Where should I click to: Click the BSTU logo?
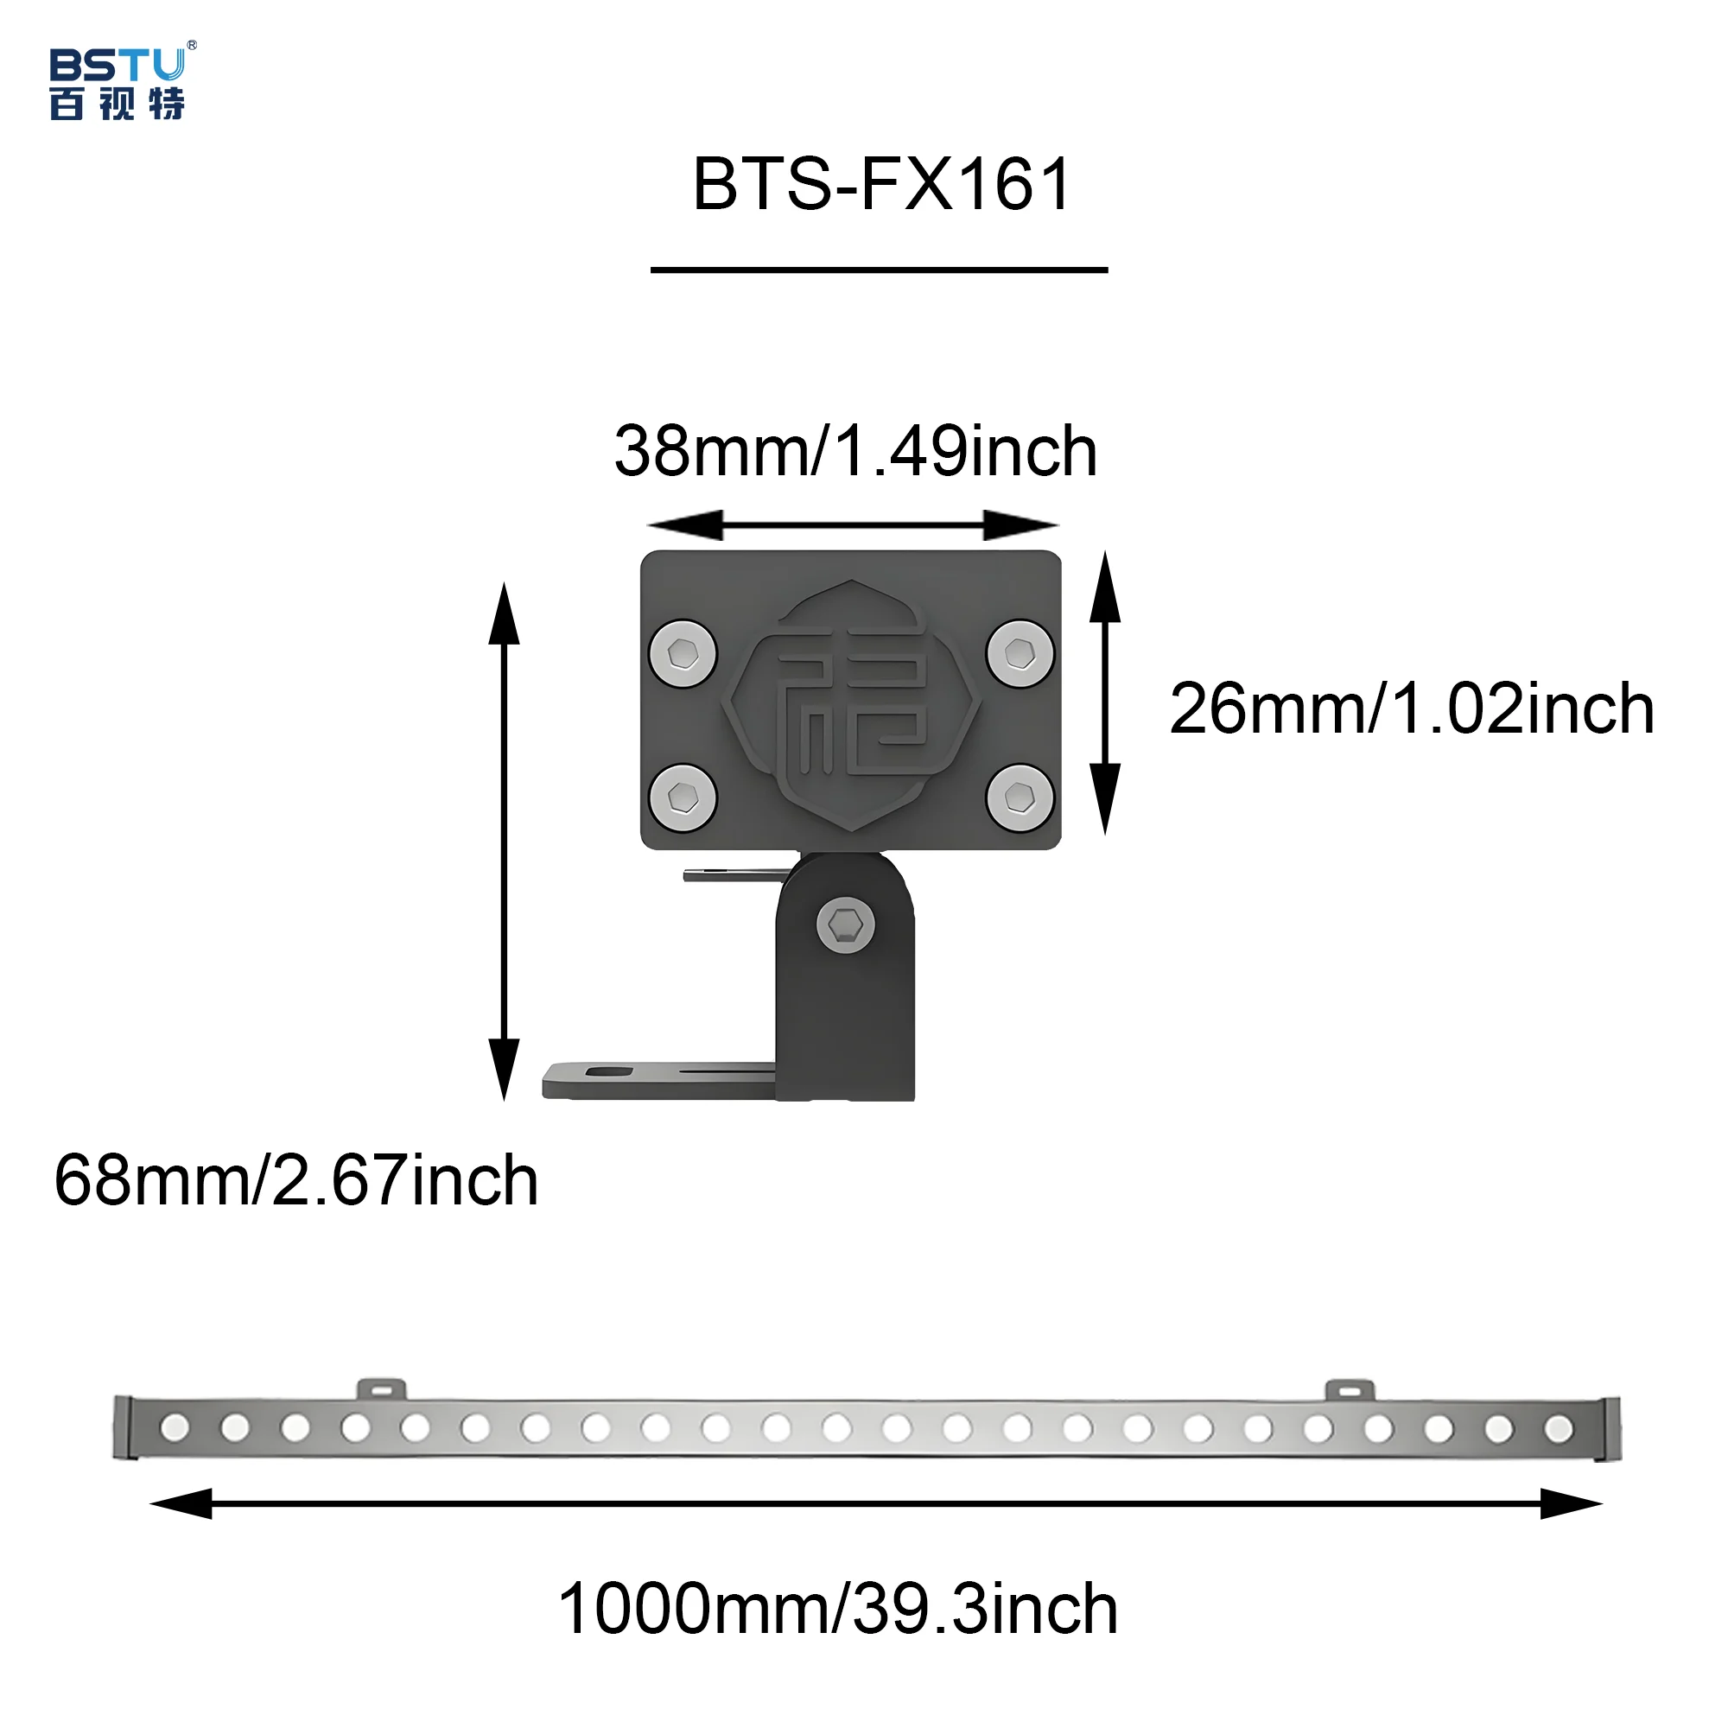point(120,81)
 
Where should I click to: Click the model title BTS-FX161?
point(881,184)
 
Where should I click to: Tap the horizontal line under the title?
point(879,270)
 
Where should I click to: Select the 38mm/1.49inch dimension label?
point(855,452)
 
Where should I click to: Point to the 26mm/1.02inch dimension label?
point(1411,709)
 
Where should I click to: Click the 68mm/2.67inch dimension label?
point(296,1180)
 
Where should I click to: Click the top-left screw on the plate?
point(683,653)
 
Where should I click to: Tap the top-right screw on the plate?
point(1020,653)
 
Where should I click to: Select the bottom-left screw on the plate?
point(683,797)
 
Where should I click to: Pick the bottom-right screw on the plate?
point(1020,797)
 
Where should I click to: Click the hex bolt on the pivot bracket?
point(845,924)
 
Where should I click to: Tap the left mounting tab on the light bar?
point(382,1389)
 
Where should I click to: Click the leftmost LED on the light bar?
point(175,1427)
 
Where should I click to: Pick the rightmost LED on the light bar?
point(1559,1428)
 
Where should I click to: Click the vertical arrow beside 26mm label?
point(1106,693)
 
